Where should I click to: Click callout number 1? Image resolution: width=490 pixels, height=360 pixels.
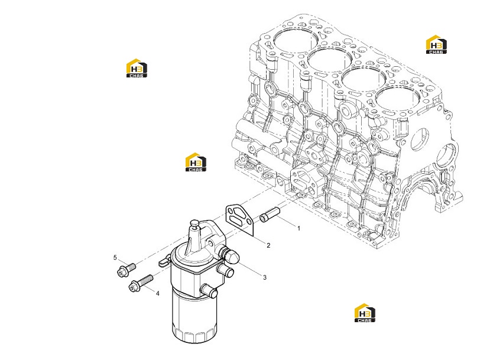coord(298,228)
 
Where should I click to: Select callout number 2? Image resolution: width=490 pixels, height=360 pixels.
coord(268,246)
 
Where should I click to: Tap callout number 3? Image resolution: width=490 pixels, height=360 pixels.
coord(265,277)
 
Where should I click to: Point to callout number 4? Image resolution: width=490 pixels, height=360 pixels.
coord(157,293)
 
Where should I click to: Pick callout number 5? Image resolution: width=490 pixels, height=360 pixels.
coord(115,258)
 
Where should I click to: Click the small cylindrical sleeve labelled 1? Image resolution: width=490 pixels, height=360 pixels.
coord(270,215)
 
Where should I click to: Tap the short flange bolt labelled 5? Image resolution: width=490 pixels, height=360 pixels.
coord(126,270)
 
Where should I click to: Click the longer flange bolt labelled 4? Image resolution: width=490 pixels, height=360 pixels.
coord(141,283)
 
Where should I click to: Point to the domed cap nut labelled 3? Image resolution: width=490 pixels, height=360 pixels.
coord(231,255)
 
